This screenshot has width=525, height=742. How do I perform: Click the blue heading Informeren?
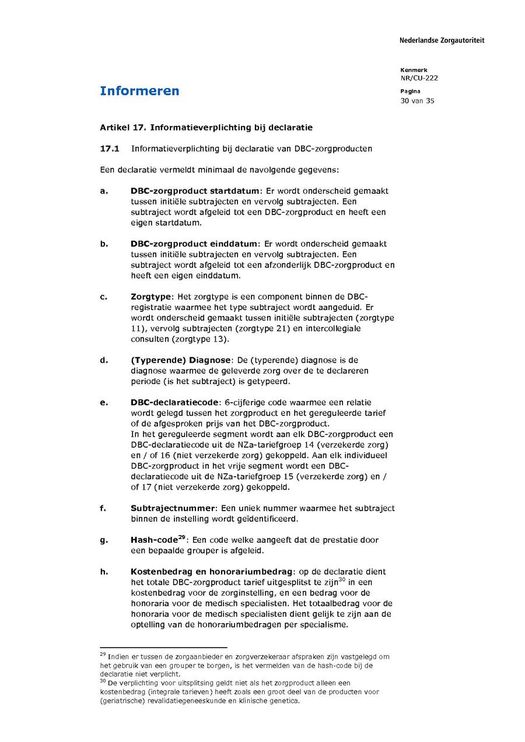click(x=139, y=91)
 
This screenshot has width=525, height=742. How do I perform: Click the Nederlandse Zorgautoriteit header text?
click(x=442, y=40)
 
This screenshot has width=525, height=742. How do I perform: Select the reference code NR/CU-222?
click(x=419, y=78)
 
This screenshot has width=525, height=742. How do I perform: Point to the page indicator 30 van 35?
click(x=417, y=101)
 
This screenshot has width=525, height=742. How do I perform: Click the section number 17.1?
click(x=110, y=149)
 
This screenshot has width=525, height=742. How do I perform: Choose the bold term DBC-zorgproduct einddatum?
click(x=194, y=244)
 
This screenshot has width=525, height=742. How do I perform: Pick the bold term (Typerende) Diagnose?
click(x=181, y=360)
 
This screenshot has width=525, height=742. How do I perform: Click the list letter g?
click(x=104, y=540)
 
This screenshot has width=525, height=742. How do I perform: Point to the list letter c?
click(x=103, y=297)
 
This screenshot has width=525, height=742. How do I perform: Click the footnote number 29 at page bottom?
click(x=103, y=655)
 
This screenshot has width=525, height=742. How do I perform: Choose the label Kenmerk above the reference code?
click(x=414, y=70)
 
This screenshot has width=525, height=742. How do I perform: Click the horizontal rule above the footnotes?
click(x=163, y=648)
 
